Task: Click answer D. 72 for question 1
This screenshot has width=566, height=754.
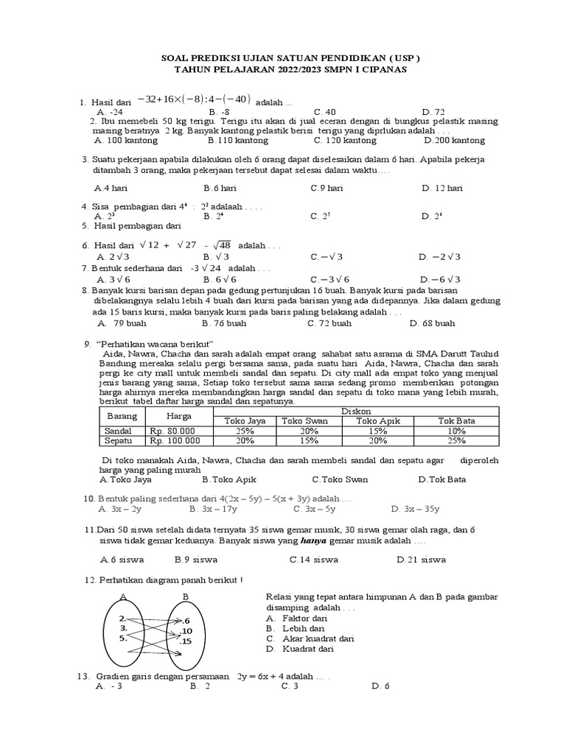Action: tap(434, 112)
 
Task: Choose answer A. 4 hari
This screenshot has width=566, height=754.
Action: tap(111, 188)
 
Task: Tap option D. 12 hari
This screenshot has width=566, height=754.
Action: tap(442, 188)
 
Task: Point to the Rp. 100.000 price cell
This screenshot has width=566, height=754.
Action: tap(175, 440)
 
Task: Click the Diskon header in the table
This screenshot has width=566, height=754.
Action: tap(356, 410)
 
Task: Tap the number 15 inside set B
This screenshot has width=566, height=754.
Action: tap(186, 641)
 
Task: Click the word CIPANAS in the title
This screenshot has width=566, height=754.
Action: tap(382, 69)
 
